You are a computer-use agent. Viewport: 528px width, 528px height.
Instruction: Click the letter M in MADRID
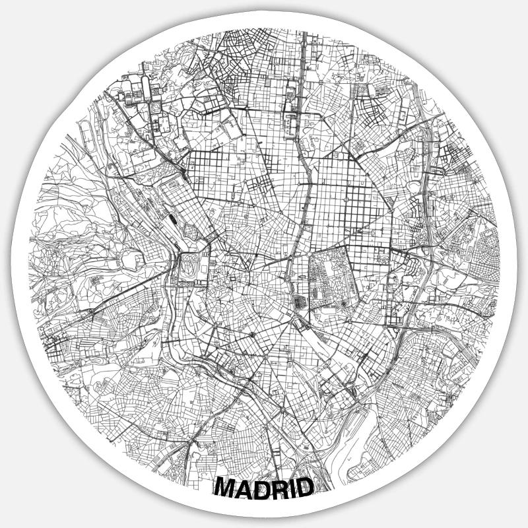pyautogui.click(x=228, y=488)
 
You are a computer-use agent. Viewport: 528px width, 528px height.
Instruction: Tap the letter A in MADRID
pyautogui.click(x=247, y=488)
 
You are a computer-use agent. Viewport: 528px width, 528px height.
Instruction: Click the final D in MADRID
pyautogui.click(x=305, y=488)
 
